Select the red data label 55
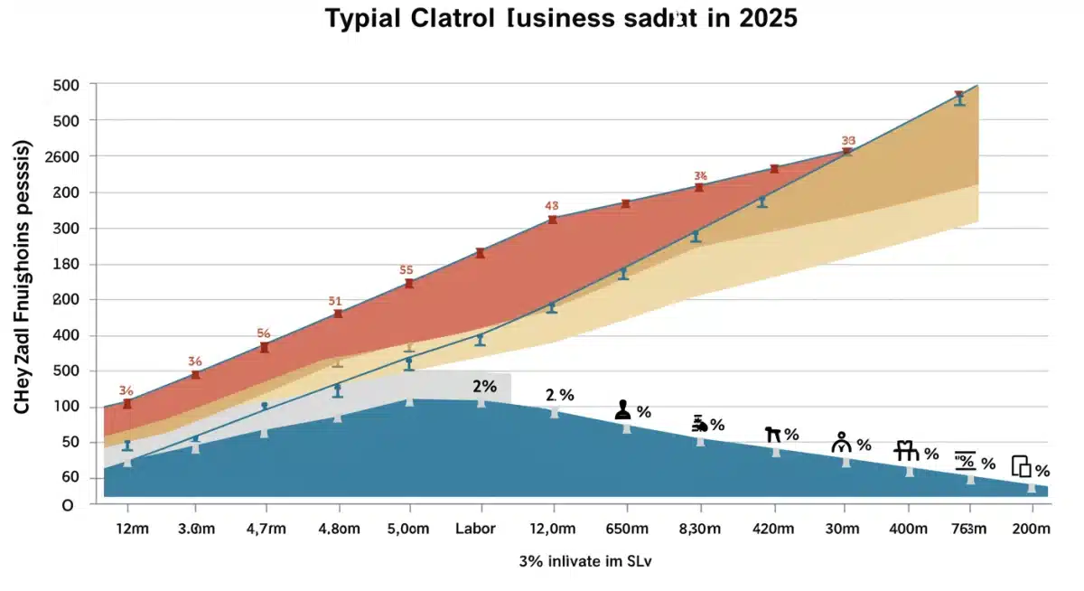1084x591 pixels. (x=406, y=269)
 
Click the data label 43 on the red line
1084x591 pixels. (x=553, y=206)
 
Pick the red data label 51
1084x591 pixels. (x=335, y=302)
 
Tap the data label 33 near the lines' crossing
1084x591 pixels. (x=848, y=141)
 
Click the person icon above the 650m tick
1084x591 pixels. (x=622, y=410)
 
